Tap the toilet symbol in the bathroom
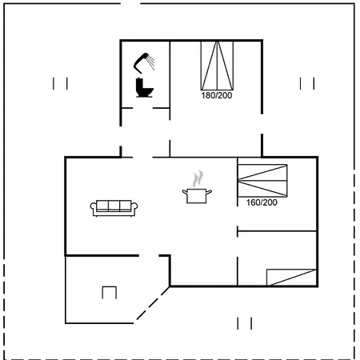click(x=144, y=87)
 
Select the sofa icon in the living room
click(x=114, y=208)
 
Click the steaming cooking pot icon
click(x=197, y=196)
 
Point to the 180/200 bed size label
click(x=217, y=95)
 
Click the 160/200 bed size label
click(x=262, y=202)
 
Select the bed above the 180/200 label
click(x=217, y=66)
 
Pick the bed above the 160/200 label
click(x=262, y=181)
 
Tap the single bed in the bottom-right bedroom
click(x=291, y=278)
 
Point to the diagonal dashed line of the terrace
click(x=153, y=303)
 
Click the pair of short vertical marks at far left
click(x=60, y=83)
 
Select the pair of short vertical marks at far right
click(x=307, y=83)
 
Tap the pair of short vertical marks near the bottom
click(x=245, y=323)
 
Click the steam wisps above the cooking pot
click(x=198, y=178)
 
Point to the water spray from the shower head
click(x=151, y=62)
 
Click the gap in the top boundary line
click(x=130, y=4)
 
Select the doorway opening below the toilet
click(x=142, y=108)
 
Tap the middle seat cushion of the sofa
click(x=114, y=206)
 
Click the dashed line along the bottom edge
click(x=179, y=358)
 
